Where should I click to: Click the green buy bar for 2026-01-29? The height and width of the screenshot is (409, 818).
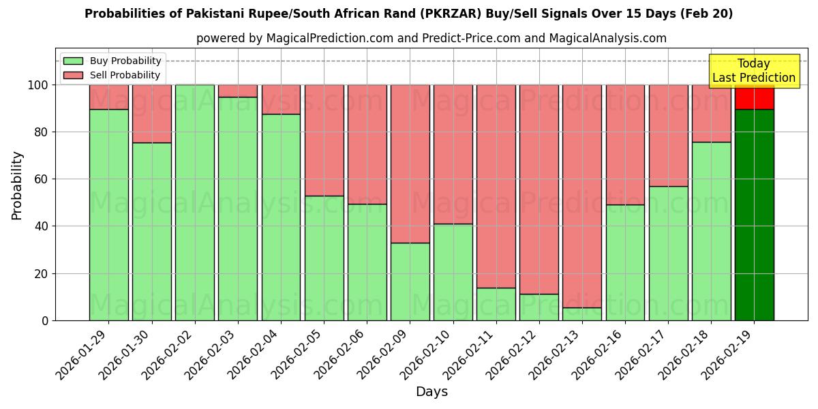[x=108, y=215]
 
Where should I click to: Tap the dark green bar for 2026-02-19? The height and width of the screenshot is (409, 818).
[x=754, y=215]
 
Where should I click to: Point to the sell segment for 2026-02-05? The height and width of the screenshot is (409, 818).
[x=324, y=140]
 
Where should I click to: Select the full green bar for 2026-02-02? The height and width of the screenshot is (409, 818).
[x=195, y=202]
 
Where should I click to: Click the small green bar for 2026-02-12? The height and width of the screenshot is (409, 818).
[x=539, y=307]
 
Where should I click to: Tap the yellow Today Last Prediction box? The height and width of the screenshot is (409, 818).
[x=754, y=71]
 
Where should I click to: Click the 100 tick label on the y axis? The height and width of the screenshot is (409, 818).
[x=38, y=85]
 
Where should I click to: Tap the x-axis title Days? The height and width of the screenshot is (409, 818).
[x=431, y=392]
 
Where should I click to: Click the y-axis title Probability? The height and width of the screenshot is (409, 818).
[x=17, y=185]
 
